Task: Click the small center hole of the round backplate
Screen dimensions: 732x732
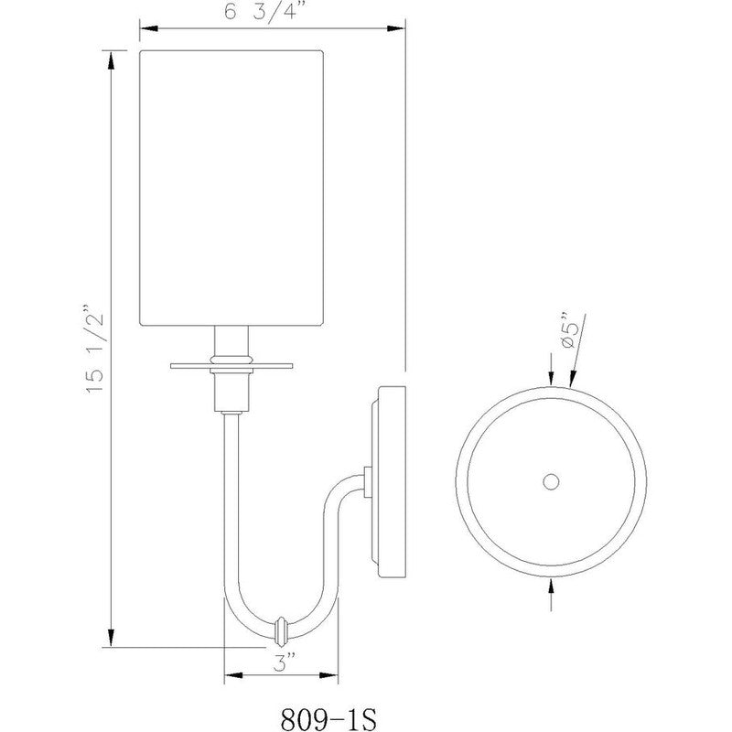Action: [551, 481]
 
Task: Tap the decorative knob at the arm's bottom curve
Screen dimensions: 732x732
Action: [281, 630]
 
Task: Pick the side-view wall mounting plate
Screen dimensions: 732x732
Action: [389, 480]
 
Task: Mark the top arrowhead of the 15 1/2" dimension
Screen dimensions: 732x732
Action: [111, 59]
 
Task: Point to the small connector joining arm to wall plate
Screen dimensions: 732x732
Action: [367, 480]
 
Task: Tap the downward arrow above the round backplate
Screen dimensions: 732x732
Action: [551, 378]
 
